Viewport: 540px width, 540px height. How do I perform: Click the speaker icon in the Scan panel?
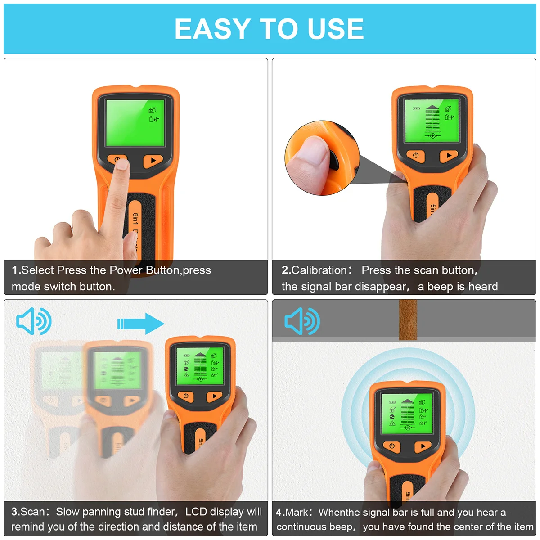pos(34,321)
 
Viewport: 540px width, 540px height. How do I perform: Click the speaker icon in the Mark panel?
pos(302,321)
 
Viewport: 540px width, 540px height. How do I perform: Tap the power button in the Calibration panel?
pos(415,155)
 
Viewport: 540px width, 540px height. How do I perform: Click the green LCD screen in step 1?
pos(135,122)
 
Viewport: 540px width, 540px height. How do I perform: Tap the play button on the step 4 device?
pos(423,446)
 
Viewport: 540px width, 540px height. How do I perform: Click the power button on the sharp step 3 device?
pos(186,396)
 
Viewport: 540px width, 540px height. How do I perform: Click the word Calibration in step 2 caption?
pos(319,270)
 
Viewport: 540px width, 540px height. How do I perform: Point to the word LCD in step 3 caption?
pos(196,512)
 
